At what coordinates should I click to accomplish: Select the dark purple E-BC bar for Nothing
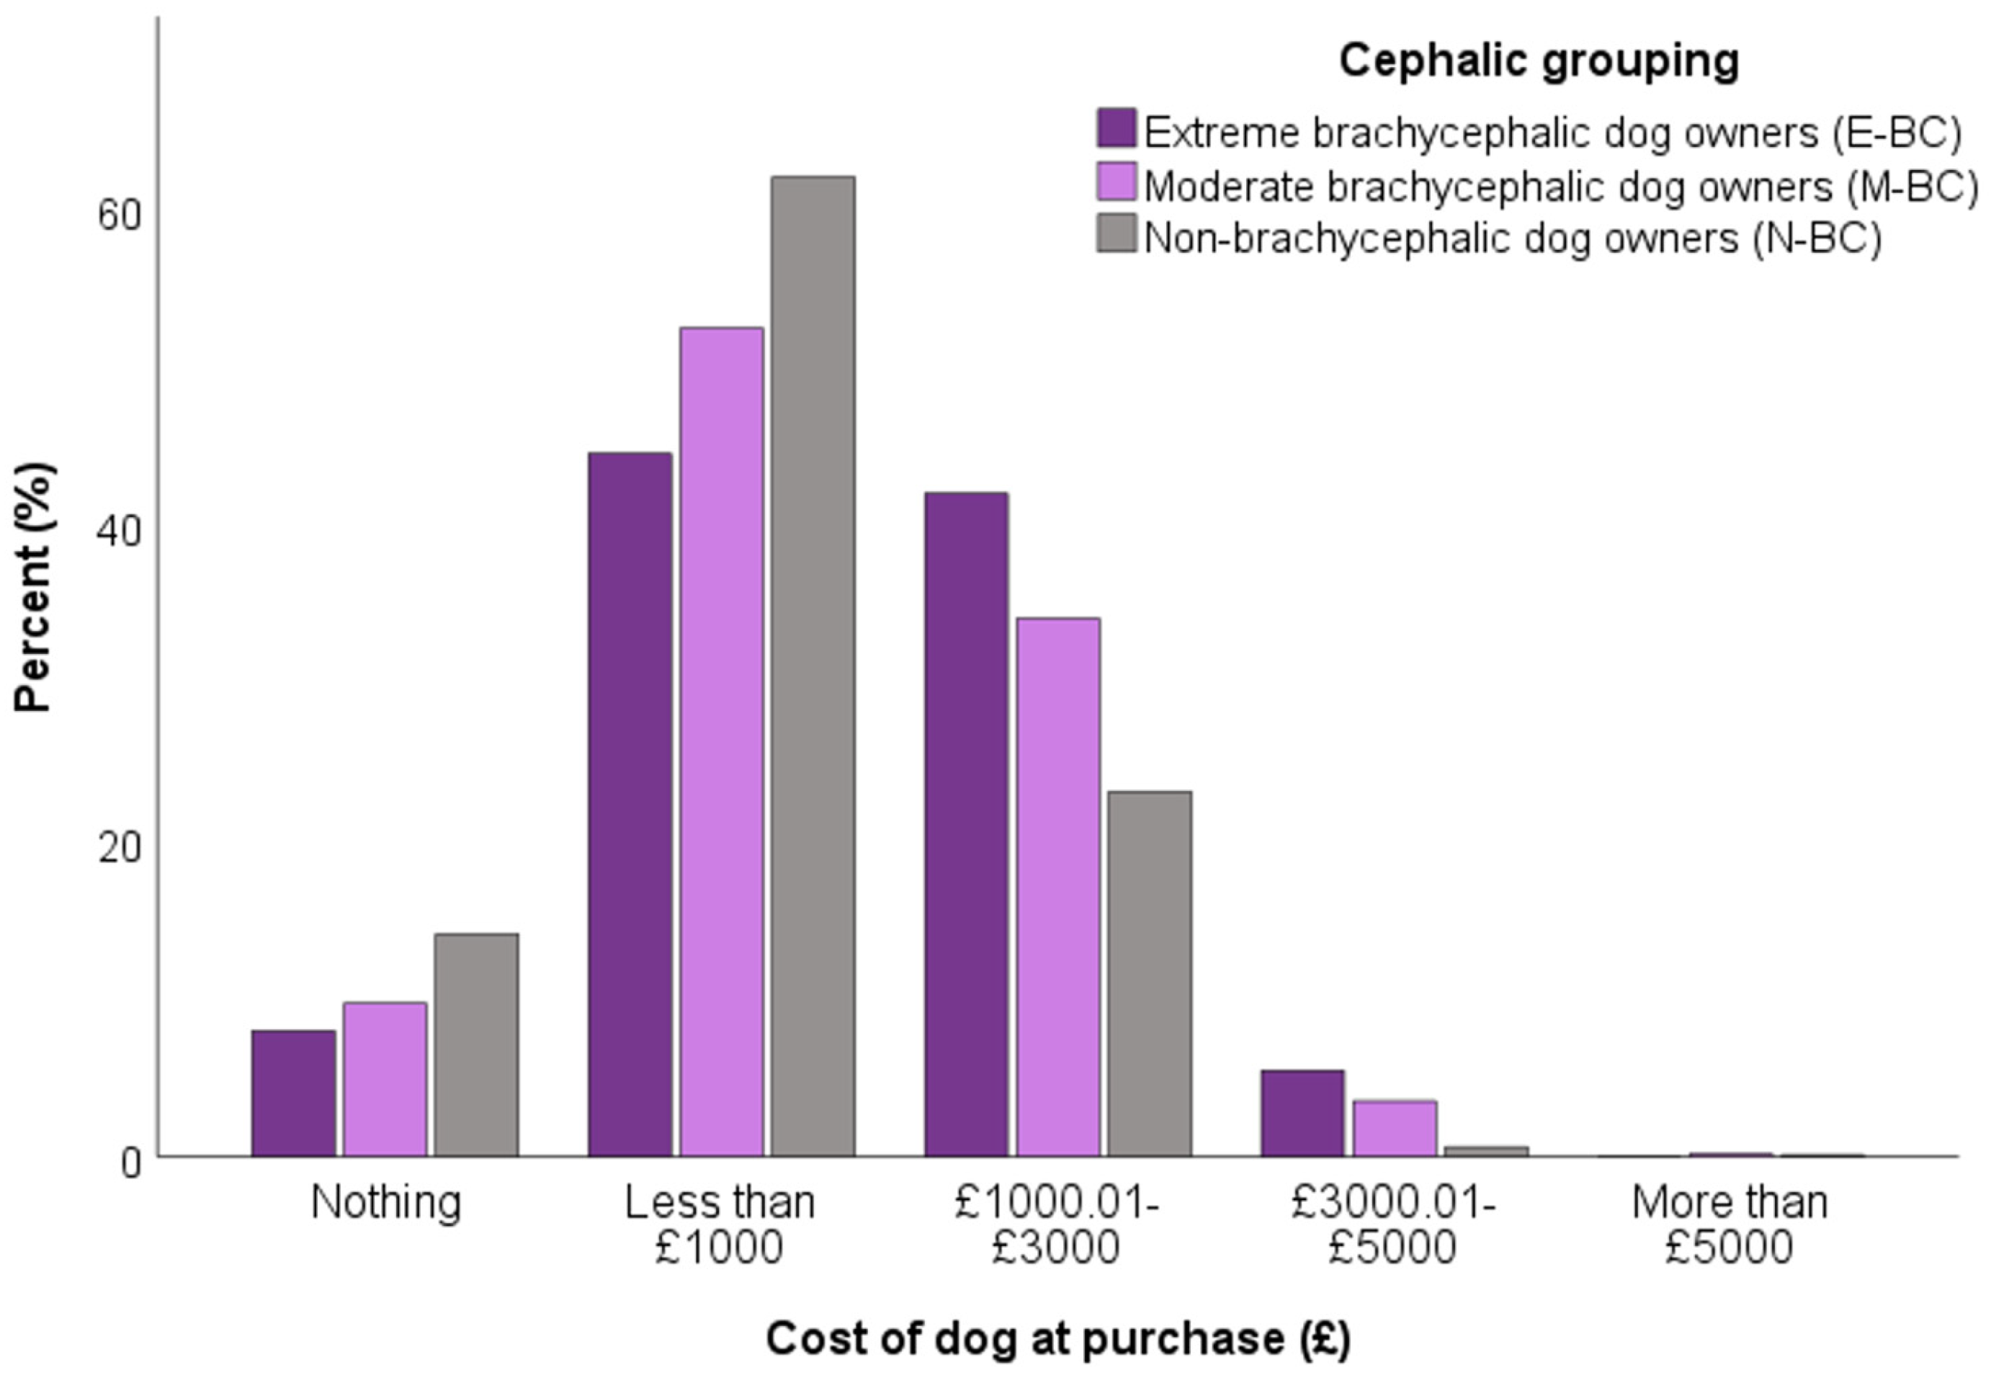[x=294, y=1093]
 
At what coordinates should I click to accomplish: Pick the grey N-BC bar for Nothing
[x=477, y=1044]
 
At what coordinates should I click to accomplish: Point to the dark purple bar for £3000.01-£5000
[x=1302, y=1113]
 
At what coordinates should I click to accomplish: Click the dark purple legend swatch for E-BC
[x=1116, y=128]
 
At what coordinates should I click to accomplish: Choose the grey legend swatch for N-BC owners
[x=1116, y=233]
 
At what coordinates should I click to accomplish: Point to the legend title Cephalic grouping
[x=1539, y=61]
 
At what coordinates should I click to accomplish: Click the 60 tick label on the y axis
[x=120, y=215]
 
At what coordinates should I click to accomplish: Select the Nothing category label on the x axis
[x=385, y=1203]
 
